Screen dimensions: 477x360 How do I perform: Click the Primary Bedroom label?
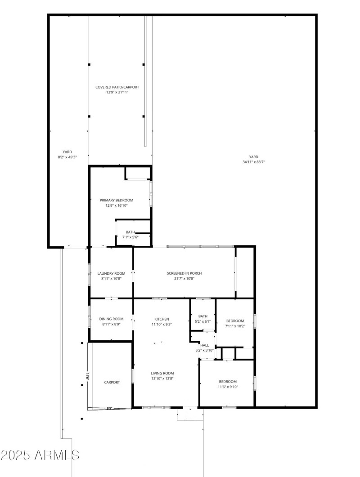pyautogui.click(x=117, y=200)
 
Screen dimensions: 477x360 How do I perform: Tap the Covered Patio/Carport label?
pyautogui.click(x=117, y=87)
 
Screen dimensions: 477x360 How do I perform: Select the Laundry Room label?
pyautogui.click(x=111, y=273)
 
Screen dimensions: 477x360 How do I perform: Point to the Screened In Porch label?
pyautogui.click(x=184, y=273)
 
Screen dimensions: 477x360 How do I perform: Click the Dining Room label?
pyautogui.click(x=111, y=319)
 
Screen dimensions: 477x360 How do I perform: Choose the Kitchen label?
pyautogui.click(x=162, y=319)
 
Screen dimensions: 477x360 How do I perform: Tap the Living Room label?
pyautogui.click(x=162, y=373)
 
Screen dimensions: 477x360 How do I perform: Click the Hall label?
pyautogui.click(x=204, y=345)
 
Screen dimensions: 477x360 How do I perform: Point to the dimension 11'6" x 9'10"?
pyautogui.click(x=228, y=387)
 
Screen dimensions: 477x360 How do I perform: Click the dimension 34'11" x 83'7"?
pyautogui.click(x=254, y=162)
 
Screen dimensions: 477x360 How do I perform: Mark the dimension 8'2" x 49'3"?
pyautogui.click(x=67, y=157)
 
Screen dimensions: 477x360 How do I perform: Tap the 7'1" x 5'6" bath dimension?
pyautogui.click(x=130, y=237)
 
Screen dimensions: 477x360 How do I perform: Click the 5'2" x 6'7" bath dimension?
pyautogui.click(x=203, y=321)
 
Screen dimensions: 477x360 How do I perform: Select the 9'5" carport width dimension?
pyautogui.click(x=109, y=408)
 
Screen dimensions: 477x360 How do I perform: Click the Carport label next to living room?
pyautogui.click(x=112, y=382)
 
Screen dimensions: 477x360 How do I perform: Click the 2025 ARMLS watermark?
pyautogui.click(x=40, y=455)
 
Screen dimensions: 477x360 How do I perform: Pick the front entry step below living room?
pyautogui.click(x=190, y=414)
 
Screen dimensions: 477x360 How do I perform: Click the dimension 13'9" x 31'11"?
pyautogui.click(x=117, y=92)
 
